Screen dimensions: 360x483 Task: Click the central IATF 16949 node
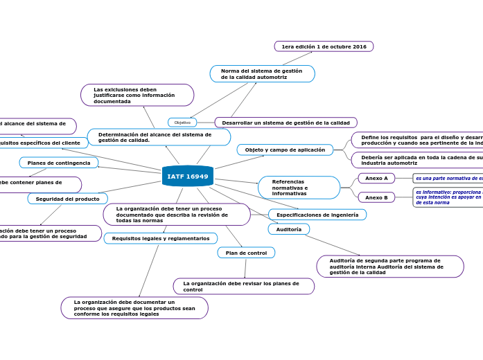(x=187, y=177)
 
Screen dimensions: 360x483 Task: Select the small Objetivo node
(x=182, y=123)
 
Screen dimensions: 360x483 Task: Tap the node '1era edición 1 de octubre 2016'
(x=324, y=46)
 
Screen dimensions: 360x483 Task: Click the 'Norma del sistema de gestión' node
(x=262, y=74)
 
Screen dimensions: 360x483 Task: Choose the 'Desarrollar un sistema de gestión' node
(x=286, y=123)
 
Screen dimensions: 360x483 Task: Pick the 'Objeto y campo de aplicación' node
(x=285, y=150)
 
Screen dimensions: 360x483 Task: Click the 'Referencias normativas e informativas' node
(x=299, y=188)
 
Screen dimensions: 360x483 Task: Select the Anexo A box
(x=376, y=178)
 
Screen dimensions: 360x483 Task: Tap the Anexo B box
(x=376, y=197)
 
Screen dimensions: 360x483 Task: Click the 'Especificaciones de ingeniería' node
(x=317, y=215)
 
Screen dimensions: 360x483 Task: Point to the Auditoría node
(x=289, y=229)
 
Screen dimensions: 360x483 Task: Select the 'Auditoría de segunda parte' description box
(x=390, y=267)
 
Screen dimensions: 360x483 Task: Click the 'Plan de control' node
(x=246, y=253)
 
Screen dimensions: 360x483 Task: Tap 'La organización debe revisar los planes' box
(x=243, y=286)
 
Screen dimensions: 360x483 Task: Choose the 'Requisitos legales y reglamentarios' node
(x=161, y=238)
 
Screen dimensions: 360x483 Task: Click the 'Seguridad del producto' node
(x=68, y=199)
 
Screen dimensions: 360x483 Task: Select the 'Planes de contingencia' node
(x=59, y=163)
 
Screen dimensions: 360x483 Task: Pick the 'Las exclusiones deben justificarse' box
(x=137, y=96)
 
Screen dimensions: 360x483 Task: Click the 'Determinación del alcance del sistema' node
(x=159, y=137)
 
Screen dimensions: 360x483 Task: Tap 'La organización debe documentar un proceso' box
(x=134, y=308)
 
